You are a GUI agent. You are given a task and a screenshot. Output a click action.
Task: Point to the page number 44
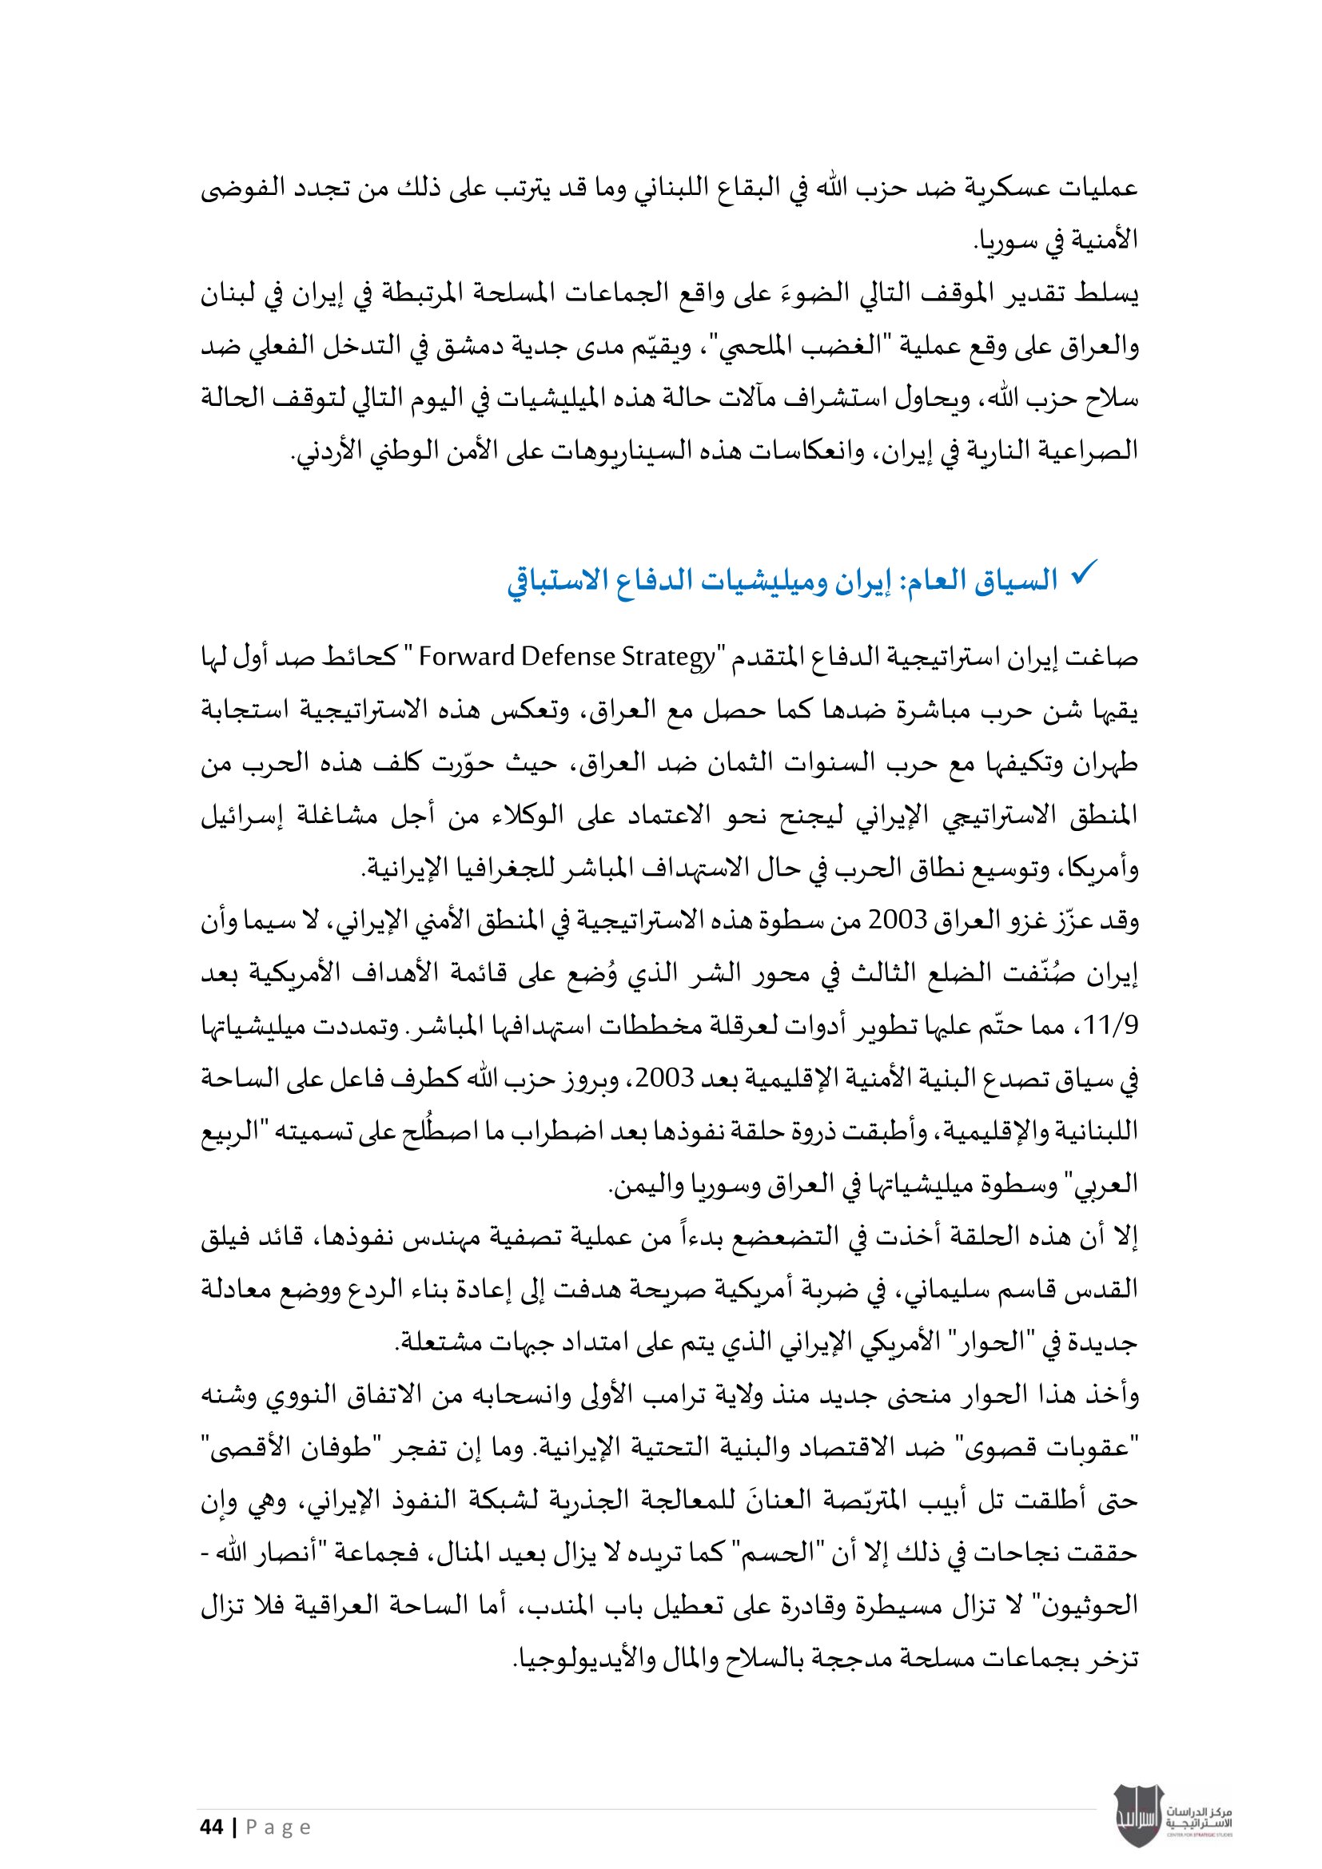(211, 1827)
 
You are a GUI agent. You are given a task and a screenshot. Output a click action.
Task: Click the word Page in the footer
(277, 1828)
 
